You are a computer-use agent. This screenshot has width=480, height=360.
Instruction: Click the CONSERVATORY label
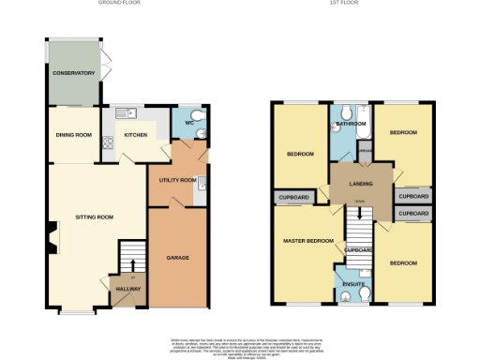coord(74,72)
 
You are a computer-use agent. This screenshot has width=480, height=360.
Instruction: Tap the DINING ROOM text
coord(74,135)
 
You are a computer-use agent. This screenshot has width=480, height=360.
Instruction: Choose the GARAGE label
coord(178,256)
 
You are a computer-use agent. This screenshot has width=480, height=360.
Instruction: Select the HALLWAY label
coord(128,289)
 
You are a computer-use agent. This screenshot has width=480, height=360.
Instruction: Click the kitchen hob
coord(108,143)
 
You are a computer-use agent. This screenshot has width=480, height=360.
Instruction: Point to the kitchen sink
coord(126,114)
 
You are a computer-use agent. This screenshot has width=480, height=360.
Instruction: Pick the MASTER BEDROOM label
coord(308,241)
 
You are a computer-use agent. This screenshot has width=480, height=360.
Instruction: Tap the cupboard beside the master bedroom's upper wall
coord(292,198)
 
